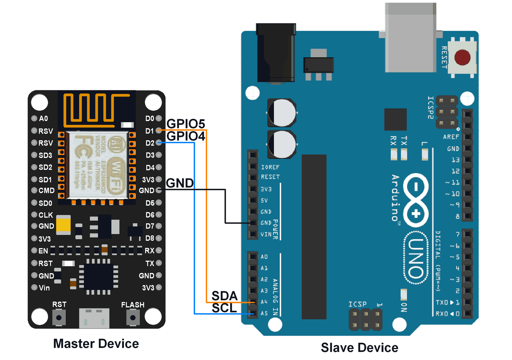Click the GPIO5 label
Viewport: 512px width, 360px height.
[x=186, y=124]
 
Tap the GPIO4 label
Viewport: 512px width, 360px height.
[x=186, y=136]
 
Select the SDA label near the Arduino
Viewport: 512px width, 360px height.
[x=224, y=296]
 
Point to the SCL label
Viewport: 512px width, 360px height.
[x=224, y=308]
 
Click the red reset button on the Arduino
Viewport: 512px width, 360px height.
[x=462, y=58]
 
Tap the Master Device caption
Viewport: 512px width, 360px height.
[x=96, y=344]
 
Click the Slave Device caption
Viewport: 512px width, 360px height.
[x=360, y=348]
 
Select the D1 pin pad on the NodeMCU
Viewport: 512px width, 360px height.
[x=158, y=130]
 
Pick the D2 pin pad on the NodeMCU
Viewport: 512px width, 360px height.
[x=158, y=143]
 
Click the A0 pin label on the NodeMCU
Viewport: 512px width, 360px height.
[x=43, y=119]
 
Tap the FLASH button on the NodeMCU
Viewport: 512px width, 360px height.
[x=133, y=318]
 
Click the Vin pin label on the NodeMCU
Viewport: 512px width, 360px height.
[x=44, y=288]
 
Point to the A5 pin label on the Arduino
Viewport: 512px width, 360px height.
[x=264, y=313]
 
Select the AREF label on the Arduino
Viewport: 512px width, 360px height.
[x=451, y=137]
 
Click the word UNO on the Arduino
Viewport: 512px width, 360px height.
[x=416, y=258]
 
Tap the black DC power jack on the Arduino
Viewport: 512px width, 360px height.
[x=276, y=53]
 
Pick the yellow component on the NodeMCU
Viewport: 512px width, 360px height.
[x=63, y=224]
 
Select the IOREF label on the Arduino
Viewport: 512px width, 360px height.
[x=270, y=167]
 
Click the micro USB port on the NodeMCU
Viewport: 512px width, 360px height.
[x=94, y=318]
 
